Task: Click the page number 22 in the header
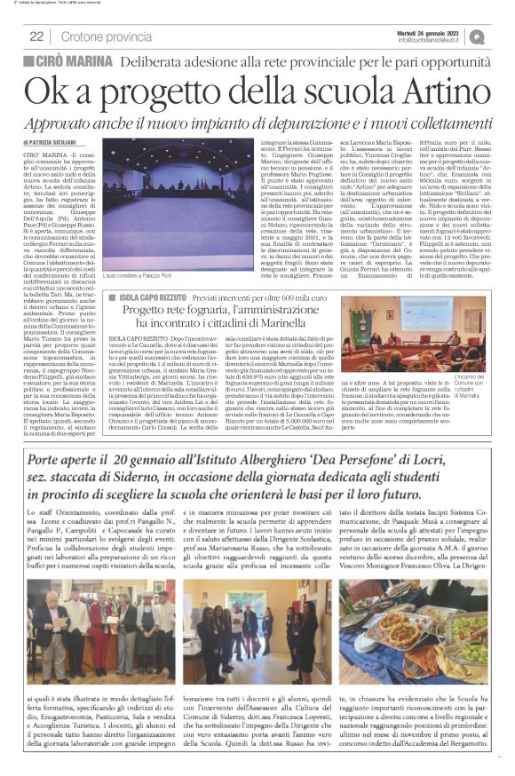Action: [x=36, y=36]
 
